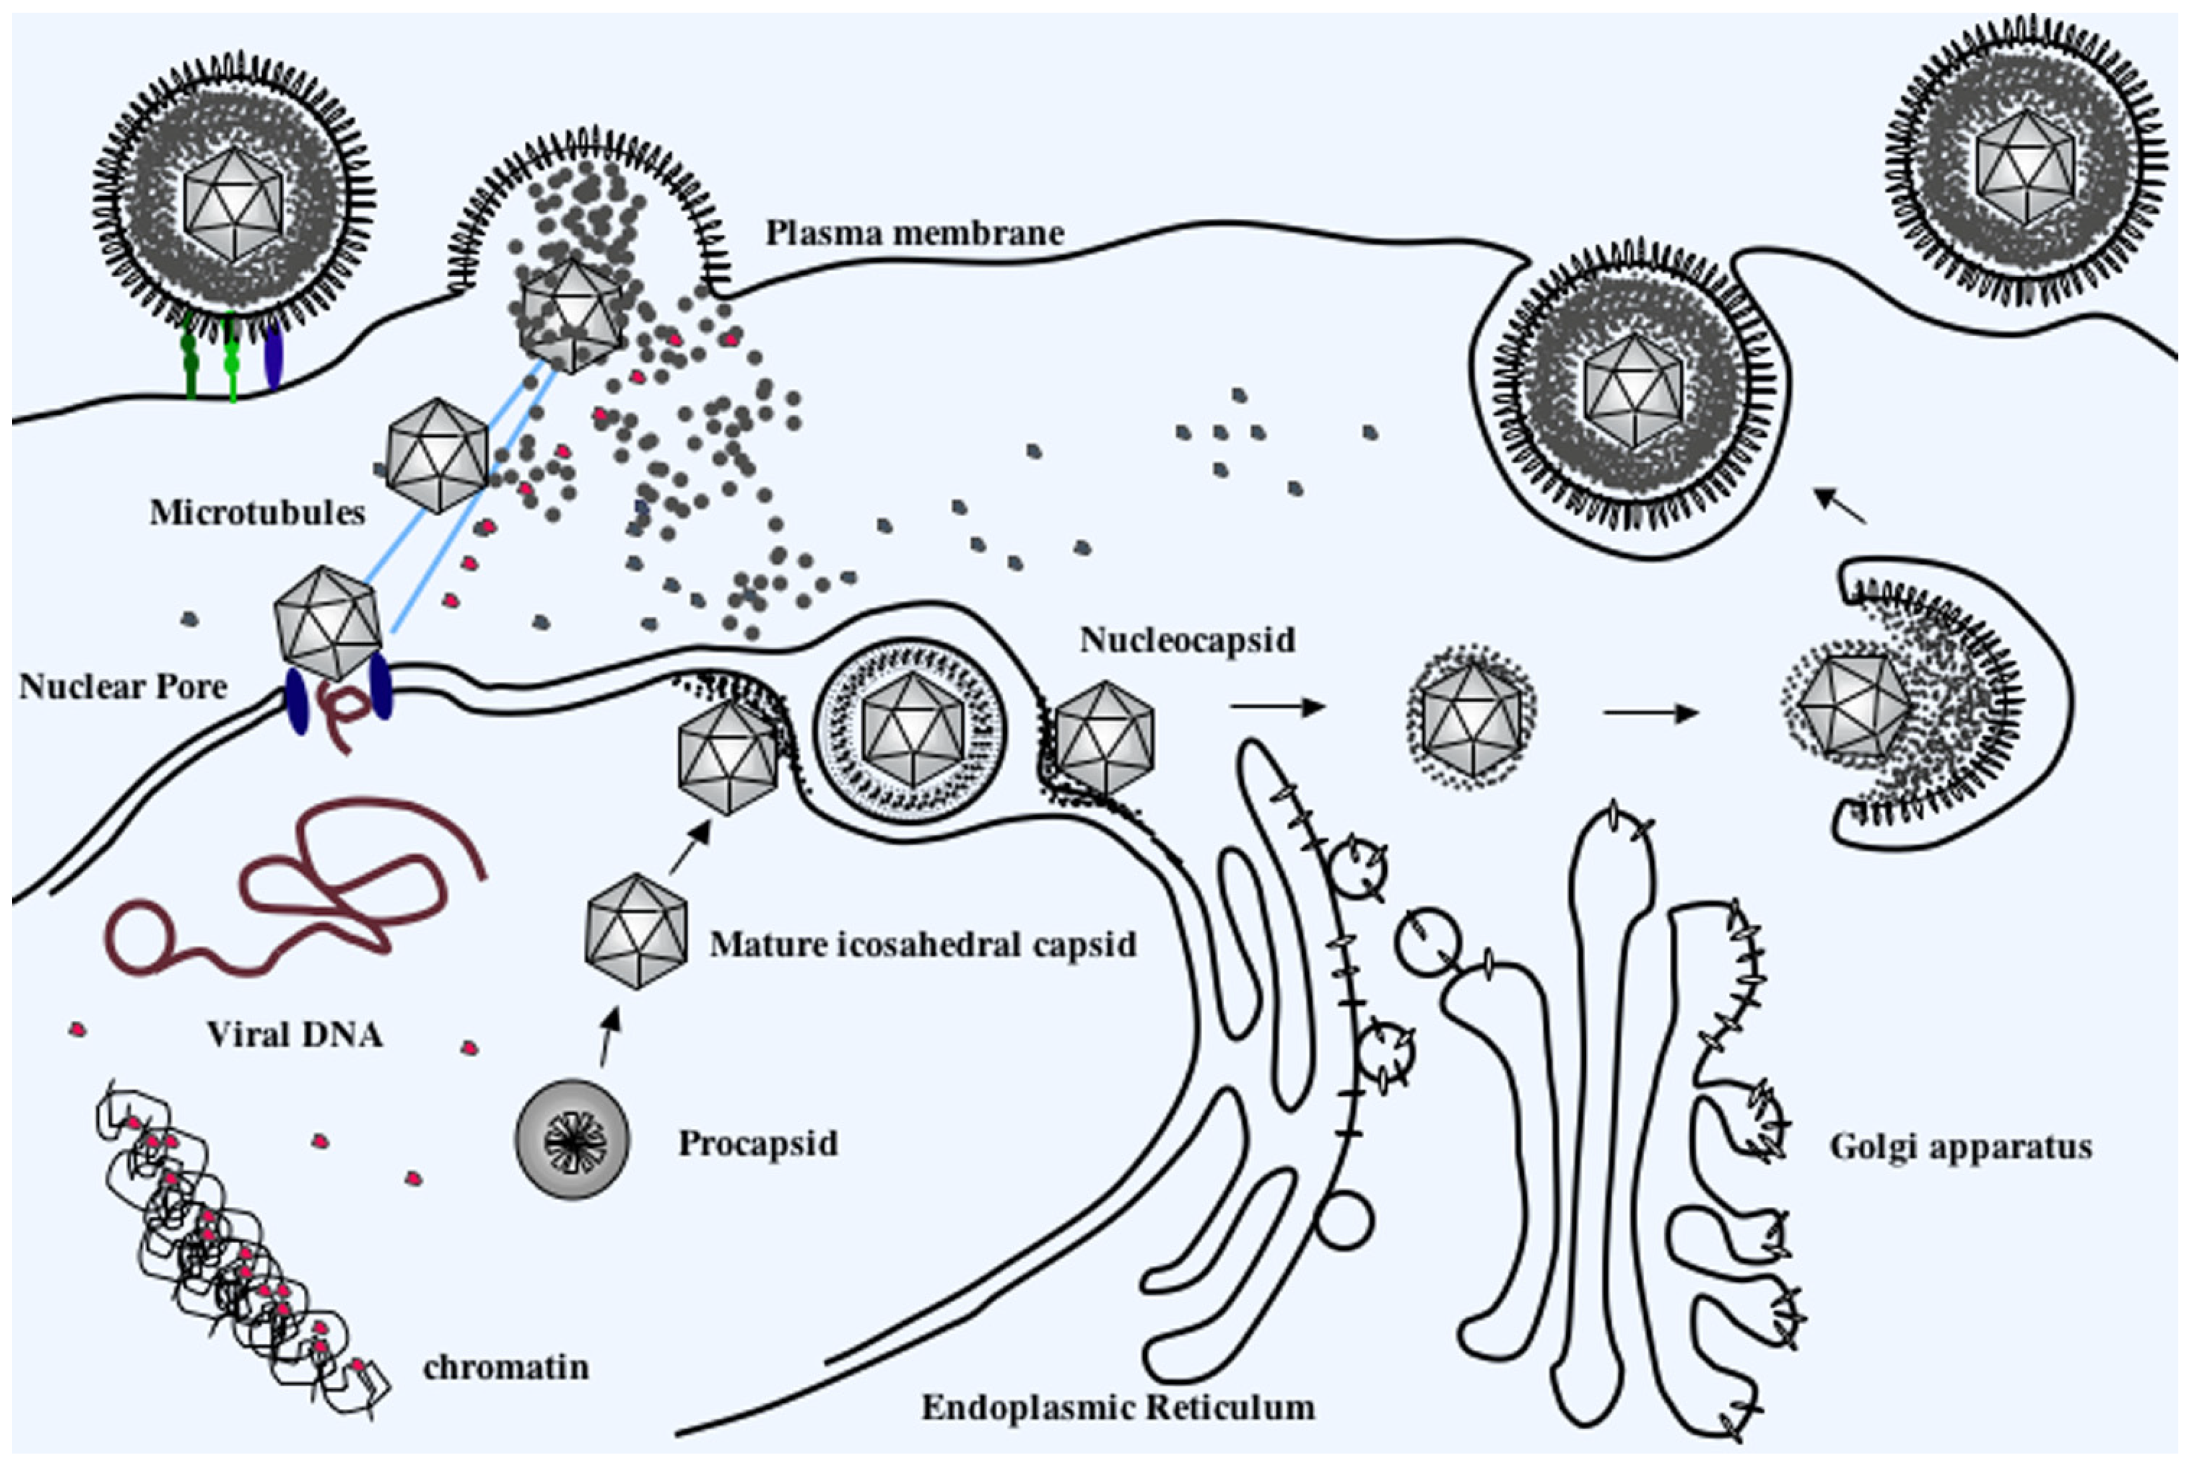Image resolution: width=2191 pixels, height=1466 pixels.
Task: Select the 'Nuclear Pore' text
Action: [x=122, y=686]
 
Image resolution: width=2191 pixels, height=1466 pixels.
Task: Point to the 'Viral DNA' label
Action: [x=295, y=1034]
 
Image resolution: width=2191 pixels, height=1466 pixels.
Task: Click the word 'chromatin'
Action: [x=506, y=1367]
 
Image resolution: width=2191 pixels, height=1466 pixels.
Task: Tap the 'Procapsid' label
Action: [x=757, y=1142]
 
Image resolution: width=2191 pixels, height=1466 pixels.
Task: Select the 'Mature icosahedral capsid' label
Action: [x=923, y=944]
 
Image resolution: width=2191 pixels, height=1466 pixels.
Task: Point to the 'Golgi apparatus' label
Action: [x=1960, y=1146]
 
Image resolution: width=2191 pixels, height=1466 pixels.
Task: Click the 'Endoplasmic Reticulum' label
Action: [x=1118, y=1406]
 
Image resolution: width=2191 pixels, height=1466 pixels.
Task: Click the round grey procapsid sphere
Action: [x=572, y=1141]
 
